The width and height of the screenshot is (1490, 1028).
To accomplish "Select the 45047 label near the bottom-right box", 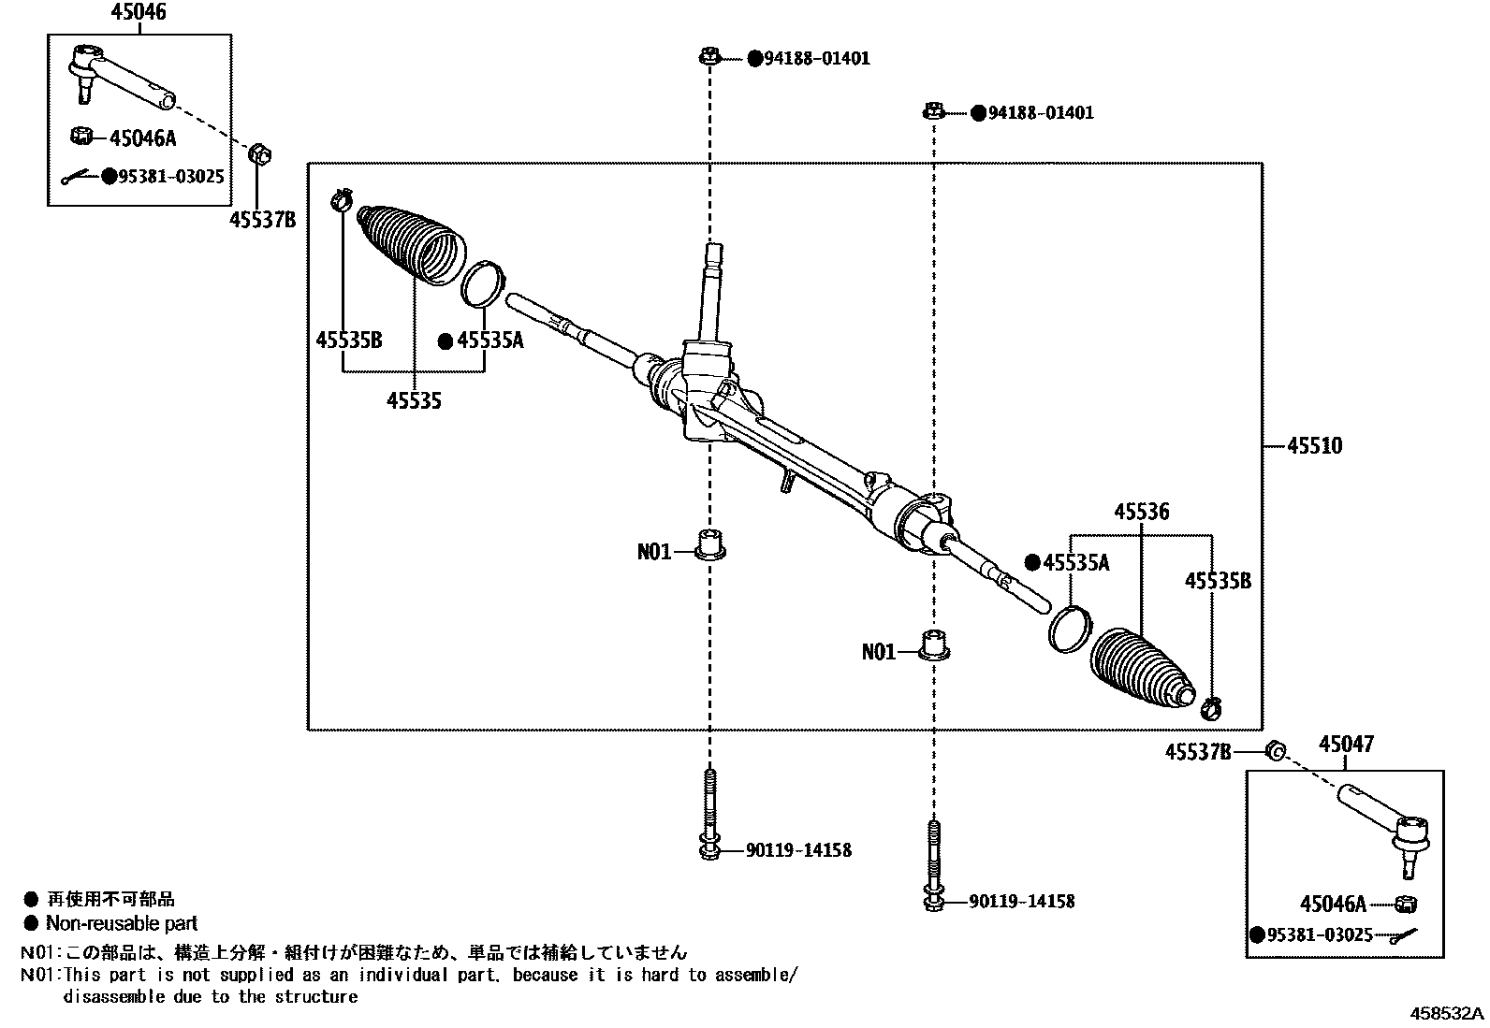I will (1346, 745).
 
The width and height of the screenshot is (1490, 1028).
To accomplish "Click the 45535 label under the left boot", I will (414, 401).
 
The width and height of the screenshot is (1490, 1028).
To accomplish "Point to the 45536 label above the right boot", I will (1141, 513).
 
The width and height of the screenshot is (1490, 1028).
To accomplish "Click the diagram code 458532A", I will (1447, 1013).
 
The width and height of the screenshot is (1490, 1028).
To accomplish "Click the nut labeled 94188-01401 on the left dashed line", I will (708, 58).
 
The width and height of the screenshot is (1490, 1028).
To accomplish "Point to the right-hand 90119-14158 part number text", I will (1021, 902).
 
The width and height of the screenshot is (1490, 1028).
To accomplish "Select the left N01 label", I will (654, 552).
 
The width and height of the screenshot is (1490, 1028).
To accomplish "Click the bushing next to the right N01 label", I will (933, 645).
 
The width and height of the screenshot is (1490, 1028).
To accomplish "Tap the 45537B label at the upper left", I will (262, 220).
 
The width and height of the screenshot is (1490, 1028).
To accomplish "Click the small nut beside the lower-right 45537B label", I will (1274, 750).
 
